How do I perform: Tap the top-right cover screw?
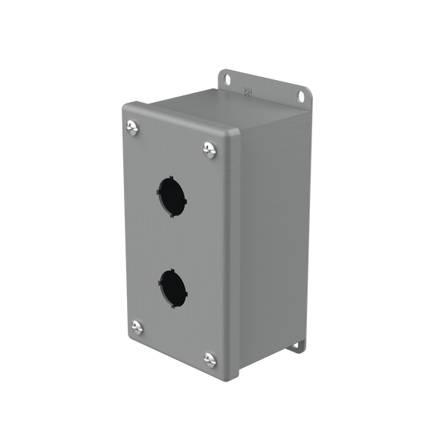pyautogui.click(x=209, y=150)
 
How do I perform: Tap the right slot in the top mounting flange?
pyautogui.click(x=300, y=96)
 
